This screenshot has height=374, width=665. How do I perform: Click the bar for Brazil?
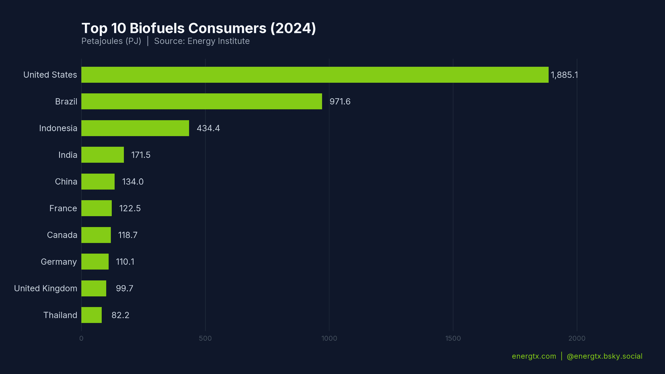coord(202,101)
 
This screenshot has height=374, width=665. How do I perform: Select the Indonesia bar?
coord(135,128)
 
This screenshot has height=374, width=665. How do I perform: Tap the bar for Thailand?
coord(91,315)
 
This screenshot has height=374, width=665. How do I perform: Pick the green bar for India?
coord(103,155)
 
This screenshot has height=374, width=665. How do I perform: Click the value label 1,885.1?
coord(564,75)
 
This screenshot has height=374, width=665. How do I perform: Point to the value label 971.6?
coord(340,102)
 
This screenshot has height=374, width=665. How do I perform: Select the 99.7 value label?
coord(124,288)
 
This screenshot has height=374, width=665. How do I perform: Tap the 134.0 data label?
coord(133,182)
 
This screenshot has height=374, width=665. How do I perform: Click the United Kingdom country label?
coord(45,288)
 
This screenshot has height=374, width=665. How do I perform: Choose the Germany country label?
coord(59,262)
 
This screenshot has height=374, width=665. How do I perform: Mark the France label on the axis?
coord(63,208)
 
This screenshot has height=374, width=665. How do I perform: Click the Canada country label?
coord(62,235)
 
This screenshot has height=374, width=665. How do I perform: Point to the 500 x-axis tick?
coord(205,338)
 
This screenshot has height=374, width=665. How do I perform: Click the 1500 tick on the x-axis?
coord(453,338)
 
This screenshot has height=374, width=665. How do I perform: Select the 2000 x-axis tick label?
coord(577,338)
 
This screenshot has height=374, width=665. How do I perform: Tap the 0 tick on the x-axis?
coord(81,338)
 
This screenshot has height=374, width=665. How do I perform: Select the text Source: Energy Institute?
coord(202,41)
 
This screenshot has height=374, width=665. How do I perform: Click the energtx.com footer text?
coord(534,356)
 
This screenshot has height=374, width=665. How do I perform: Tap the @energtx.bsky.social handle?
coord(604,356)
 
